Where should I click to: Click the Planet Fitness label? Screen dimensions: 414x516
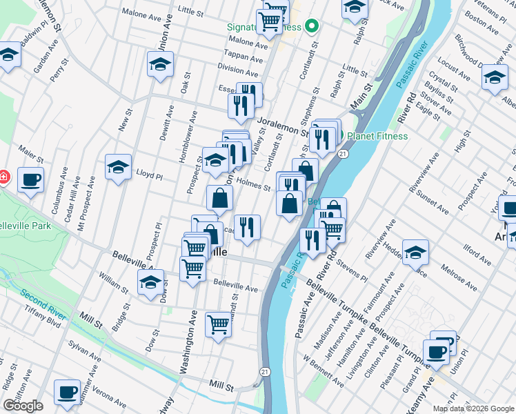coord(377,136)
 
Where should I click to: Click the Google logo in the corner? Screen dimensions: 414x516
coord(22,406)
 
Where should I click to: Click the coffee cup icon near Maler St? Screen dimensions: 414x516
coord(30,181)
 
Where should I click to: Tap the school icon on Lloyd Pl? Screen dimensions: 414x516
coord(118,167)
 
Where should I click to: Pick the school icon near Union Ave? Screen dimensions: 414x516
coord(160,65)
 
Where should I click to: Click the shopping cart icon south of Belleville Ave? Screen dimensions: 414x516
coord(218,323)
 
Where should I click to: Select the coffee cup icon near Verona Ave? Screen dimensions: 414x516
coord(67,392)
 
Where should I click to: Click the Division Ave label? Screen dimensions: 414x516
coord(237,70)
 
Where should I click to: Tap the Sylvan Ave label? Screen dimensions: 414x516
coord(84,350)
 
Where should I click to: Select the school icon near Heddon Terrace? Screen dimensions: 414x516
coord(415,253)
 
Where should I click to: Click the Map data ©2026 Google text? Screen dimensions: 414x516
coord(473,408)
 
